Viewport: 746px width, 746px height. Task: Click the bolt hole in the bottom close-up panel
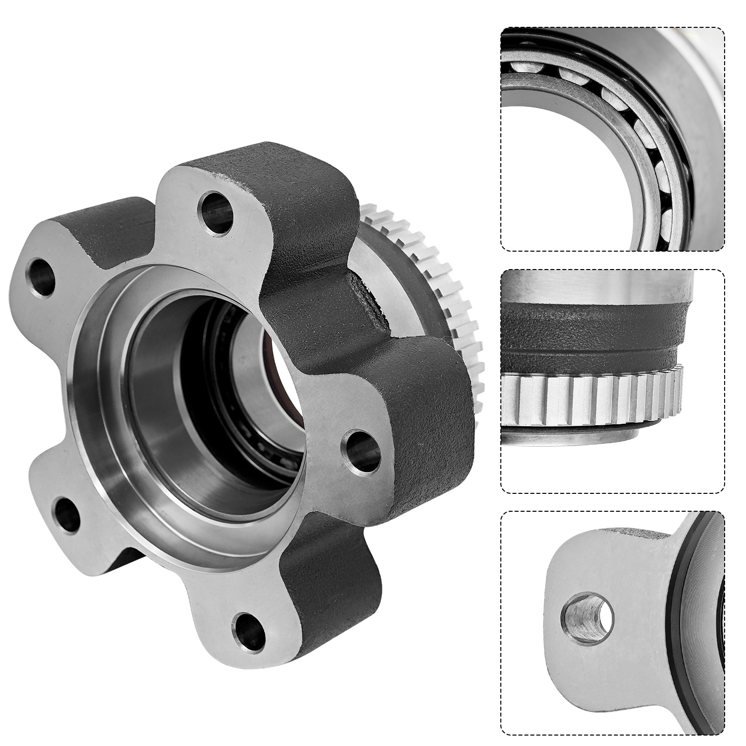(x=587, y=617)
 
